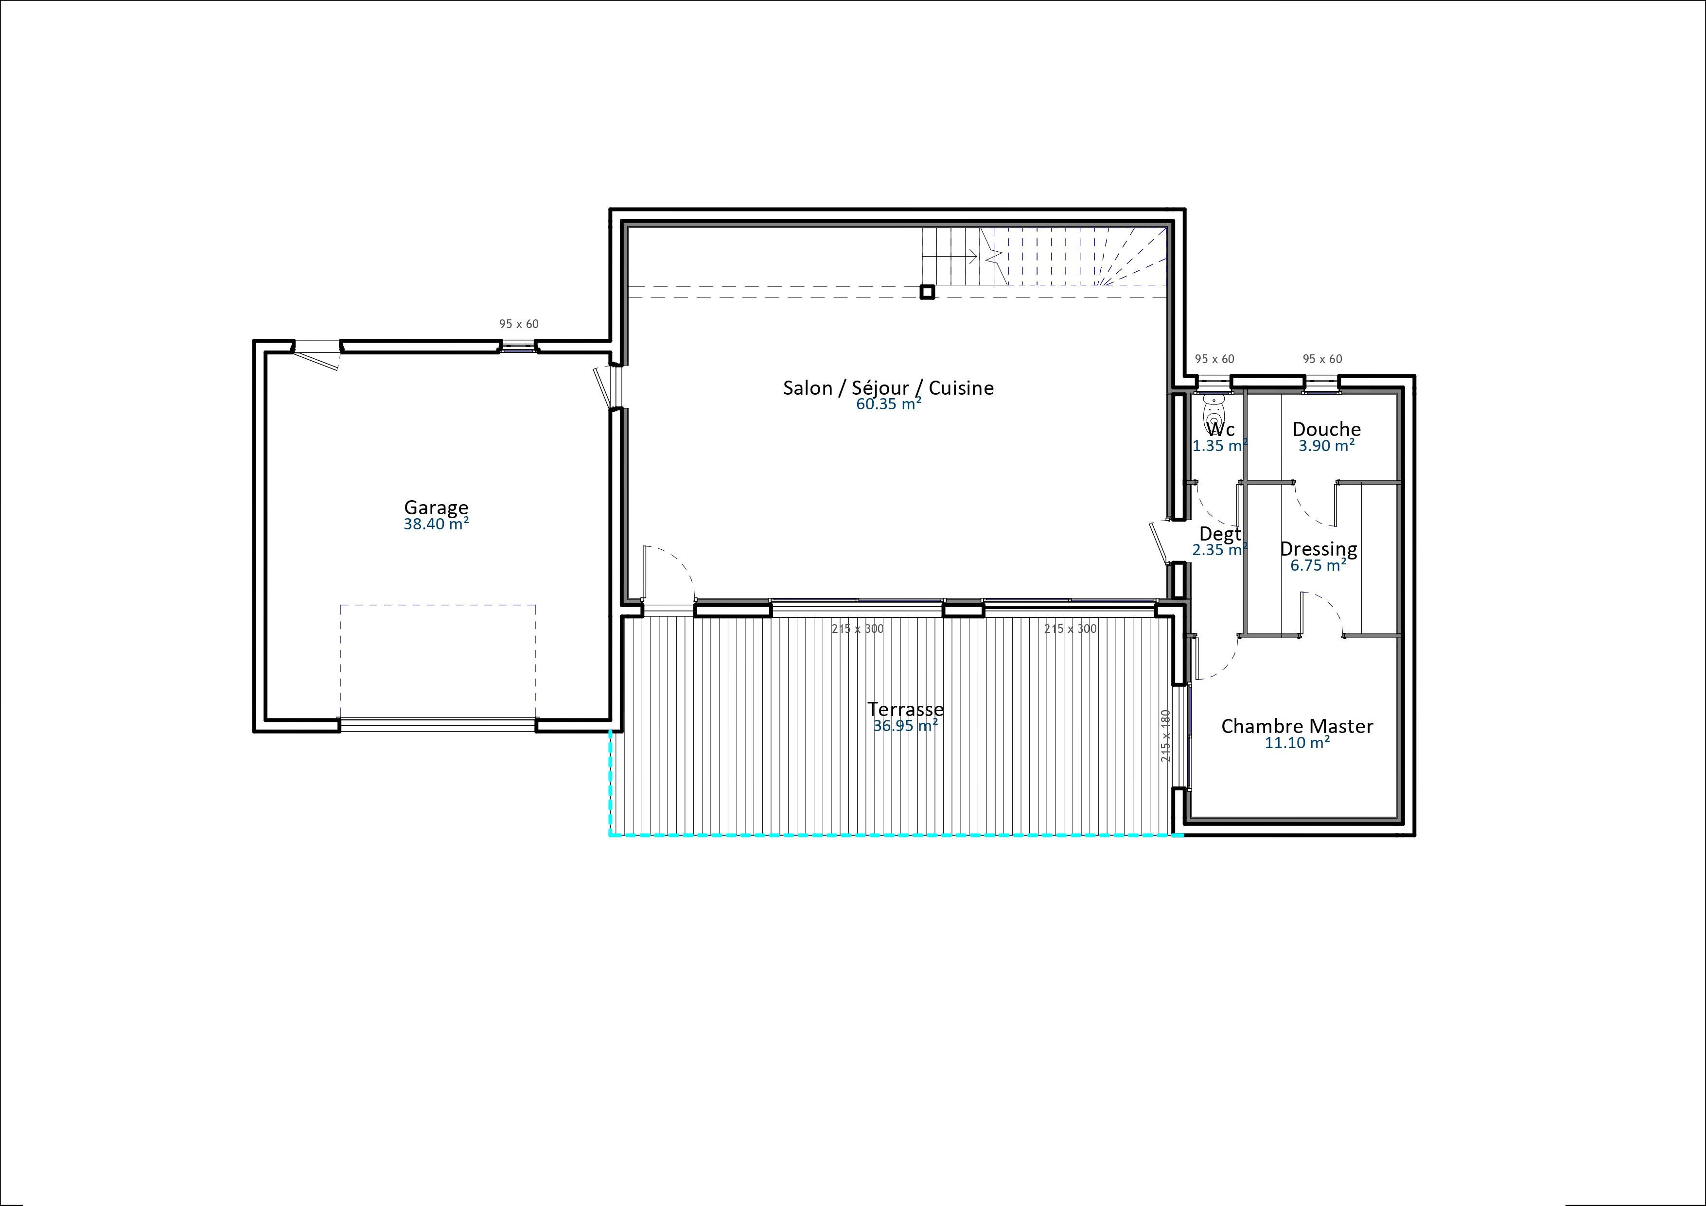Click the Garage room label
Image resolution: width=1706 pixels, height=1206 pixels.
(436, 507)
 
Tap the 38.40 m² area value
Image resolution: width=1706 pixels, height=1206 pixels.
(436, 524)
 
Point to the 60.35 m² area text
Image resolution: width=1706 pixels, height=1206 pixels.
(889, 404)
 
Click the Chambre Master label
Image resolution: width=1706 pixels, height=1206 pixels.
(1297, 726)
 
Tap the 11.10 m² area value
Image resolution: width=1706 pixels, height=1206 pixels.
(1297, 742)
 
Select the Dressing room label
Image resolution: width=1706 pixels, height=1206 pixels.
(1318, 549)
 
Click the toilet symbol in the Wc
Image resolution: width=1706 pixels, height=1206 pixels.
(1214, 408)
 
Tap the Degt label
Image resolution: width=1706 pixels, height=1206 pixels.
(1219, 534)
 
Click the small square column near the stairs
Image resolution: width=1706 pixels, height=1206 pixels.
(927, 292)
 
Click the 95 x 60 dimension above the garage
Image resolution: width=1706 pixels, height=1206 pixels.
(519, 324)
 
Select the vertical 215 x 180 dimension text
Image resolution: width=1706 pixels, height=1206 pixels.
(1166, 735)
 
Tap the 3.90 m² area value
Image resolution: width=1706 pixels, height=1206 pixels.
(1326, 446)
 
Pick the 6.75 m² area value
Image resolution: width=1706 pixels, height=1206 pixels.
(1318, 565)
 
